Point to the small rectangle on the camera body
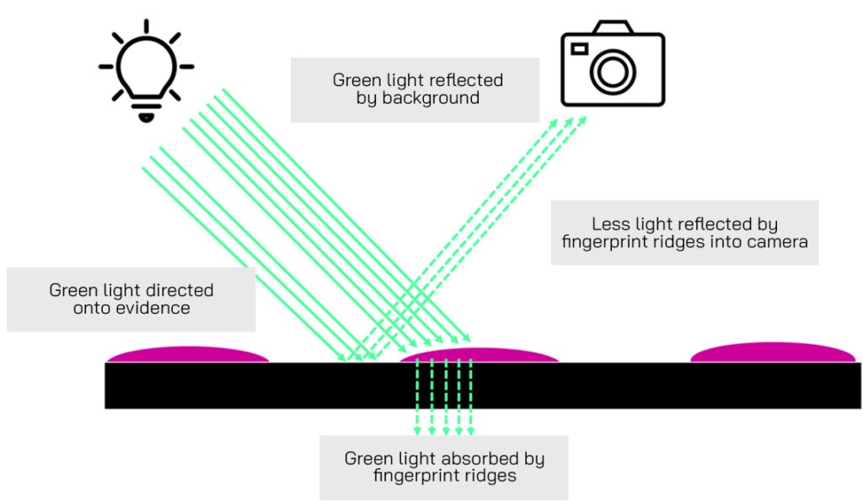point(580,49)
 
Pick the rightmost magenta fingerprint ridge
point(771,353)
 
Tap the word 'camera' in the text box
point(779,242)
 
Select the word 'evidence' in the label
point(156,309)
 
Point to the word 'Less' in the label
point(608,224)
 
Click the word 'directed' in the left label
point(180,291)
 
